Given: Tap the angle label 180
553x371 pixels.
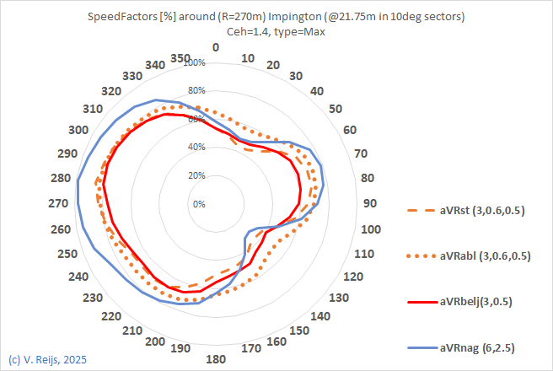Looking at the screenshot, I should (x=216, y=359).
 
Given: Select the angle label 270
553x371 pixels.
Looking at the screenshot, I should (x=60, y=204).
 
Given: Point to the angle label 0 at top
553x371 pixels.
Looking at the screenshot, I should (x=216, y=48).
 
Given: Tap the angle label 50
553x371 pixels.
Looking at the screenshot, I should (x=335, y=109).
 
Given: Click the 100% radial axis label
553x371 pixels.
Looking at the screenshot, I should (x=195, y=63).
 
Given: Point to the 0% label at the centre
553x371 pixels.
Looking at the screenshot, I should (x=199, y=204).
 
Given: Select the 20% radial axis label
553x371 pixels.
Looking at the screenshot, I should (x=196, y=175).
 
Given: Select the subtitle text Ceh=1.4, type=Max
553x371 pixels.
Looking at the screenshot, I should (x=276, y=31).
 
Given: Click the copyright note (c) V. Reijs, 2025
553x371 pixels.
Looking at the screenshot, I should (x=47, y=359).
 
